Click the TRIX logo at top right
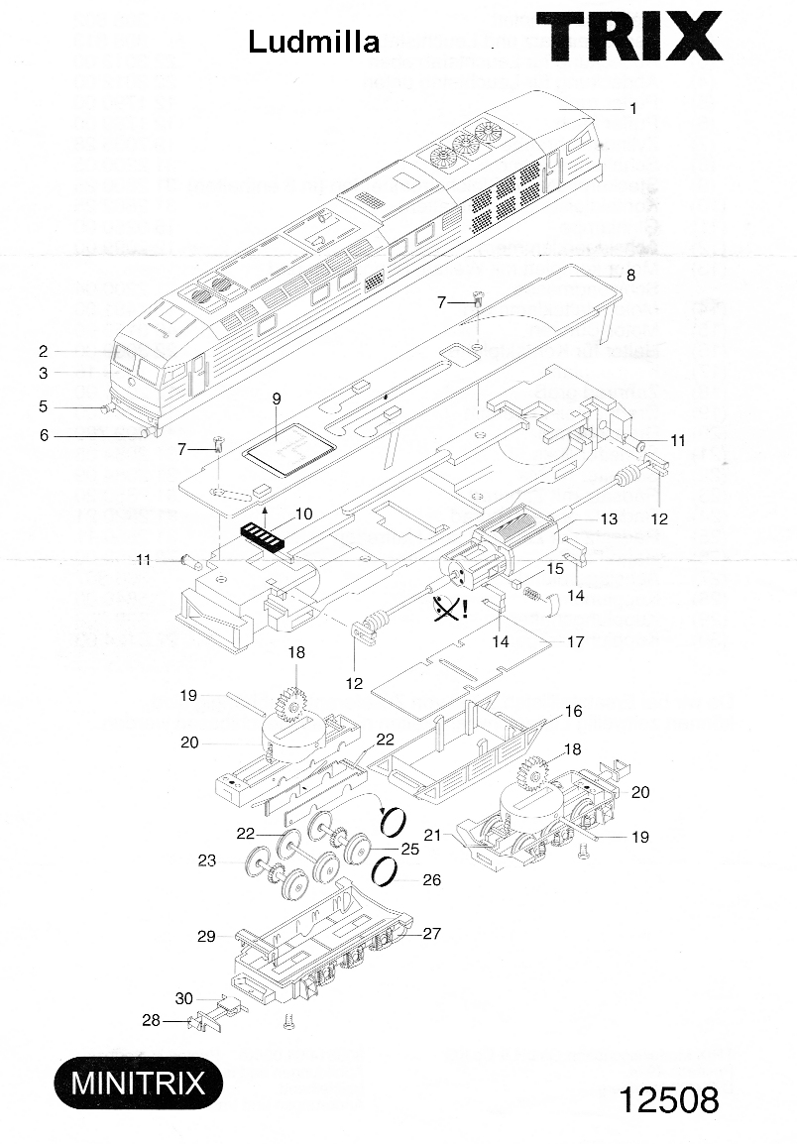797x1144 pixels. pyautogui.click(x=629, y=39)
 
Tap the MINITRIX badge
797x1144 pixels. pyautogui.click(x=137, y=1082)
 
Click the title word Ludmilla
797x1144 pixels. pyautogui.click(x=313, y=42)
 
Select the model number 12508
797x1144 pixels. pyautogui.click(x=669, y=1100)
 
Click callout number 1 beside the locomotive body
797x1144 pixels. pyautogui.click(x=632, y=109)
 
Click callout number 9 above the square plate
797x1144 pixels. pyautogui.click(x=277, y=399)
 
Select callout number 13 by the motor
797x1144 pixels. pyautogui.click(x=608, y=518)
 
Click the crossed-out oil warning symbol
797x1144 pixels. pyautogui.click(x=449, y=608)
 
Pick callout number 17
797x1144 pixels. pyautogui.click(x=575, y=642)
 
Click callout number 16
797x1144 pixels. pyautogui.click(x=573, y=712)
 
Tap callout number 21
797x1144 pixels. pyautogui.click(x=432, y=836)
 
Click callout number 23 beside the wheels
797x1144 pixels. pyautogui.click(x=206, y=861)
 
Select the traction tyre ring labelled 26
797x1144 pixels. pyautogui.click(x=388, y=873)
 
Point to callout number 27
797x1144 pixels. pyautogui.click(x=432, y=933)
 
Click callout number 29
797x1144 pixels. pyautogui.click(x=206, y=936)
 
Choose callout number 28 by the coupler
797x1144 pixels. pyautogui.click(x=151, y=1020)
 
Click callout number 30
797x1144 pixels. pyautogui.click(x=183, y=998)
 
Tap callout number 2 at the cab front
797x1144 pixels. pyautogui.click(x=44, y=351)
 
